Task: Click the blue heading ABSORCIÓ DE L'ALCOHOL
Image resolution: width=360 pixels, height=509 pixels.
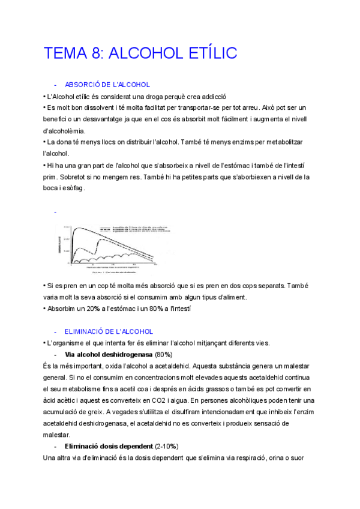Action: coord(107,85)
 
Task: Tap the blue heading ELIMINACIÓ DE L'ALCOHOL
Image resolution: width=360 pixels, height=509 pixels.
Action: coord(109,331)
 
